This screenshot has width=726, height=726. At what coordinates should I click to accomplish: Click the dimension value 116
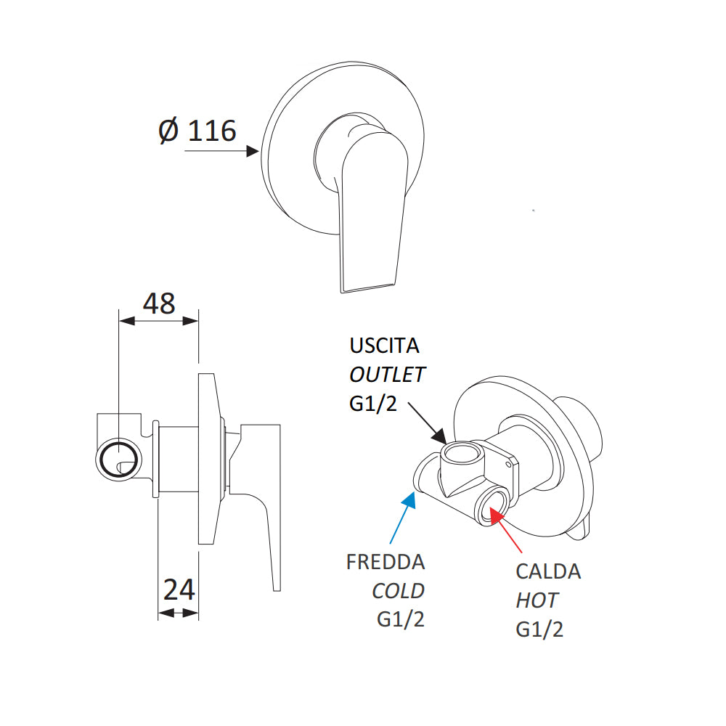[x=212, y=131]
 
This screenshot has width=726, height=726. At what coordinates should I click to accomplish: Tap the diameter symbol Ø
[x=168, y=131]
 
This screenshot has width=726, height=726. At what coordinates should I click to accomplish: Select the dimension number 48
[x=159, y=303]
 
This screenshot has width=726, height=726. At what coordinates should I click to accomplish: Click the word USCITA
[x=385, y=344]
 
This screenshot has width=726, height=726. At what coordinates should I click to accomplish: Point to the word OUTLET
[x=388, y=375]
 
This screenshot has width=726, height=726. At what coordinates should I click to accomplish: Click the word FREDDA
[x=386, y=562]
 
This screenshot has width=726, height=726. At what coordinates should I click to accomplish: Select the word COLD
[x=399, y=591]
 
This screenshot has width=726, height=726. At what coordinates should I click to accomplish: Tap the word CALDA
[x=548, y=571]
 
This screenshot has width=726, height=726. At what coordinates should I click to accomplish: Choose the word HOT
[x=537, y=600]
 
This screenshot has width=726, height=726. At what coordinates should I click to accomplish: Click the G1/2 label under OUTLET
[x=373, y=404]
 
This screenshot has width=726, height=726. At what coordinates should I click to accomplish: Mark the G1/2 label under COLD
[x=401, y=620]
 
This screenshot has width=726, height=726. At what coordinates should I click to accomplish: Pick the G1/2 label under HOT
[x=539, y=629]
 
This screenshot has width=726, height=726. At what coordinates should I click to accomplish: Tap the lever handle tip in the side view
[x=276, y=581]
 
